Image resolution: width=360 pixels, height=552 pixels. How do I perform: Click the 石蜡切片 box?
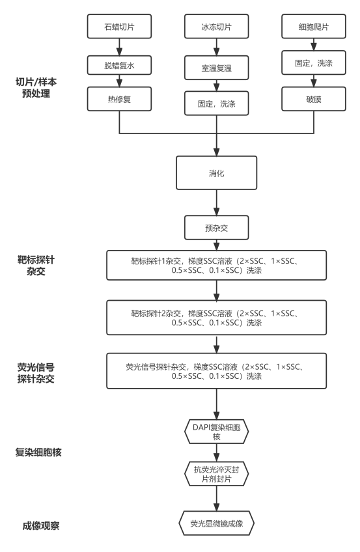pos(119,27)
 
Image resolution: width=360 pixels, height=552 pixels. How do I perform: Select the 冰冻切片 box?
pos(216,27)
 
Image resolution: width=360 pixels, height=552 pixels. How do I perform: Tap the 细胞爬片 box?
pos(314,27)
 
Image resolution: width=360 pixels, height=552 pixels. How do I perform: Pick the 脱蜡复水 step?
pos(119,65)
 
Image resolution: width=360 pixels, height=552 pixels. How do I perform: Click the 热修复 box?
pos(119,99)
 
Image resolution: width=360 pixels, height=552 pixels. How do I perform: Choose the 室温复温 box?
pos(216,68)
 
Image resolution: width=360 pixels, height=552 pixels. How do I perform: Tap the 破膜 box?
pos(314,99)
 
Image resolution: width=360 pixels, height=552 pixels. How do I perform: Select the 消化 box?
pos(216,173)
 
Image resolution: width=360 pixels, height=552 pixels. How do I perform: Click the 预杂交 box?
pos(216,228)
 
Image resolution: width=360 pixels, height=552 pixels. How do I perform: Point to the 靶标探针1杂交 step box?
pos(216,266)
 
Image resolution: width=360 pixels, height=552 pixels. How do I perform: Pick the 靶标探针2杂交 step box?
pos(216,318)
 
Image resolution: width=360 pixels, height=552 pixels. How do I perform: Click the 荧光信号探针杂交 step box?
pos(216,371)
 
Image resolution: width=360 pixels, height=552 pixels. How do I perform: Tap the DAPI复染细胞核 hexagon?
pos(216,432)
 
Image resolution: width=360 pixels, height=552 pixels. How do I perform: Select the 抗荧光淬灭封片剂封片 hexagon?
pos(216,474)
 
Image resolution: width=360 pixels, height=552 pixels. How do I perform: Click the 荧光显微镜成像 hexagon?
pos(216,523)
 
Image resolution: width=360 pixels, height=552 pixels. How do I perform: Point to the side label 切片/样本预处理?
pos(36,88)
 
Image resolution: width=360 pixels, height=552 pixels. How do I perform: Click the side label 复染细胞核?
pos(38,452)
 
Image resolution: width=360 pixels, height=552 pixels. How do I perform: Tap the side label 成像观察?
pos(41,526)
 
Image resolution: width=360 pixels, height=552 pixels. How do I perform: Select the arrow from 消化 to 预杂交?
pos(216,202)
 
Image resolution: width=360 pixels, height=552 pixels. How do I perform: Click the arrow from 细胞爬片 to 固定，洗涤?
pos(314,44)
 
